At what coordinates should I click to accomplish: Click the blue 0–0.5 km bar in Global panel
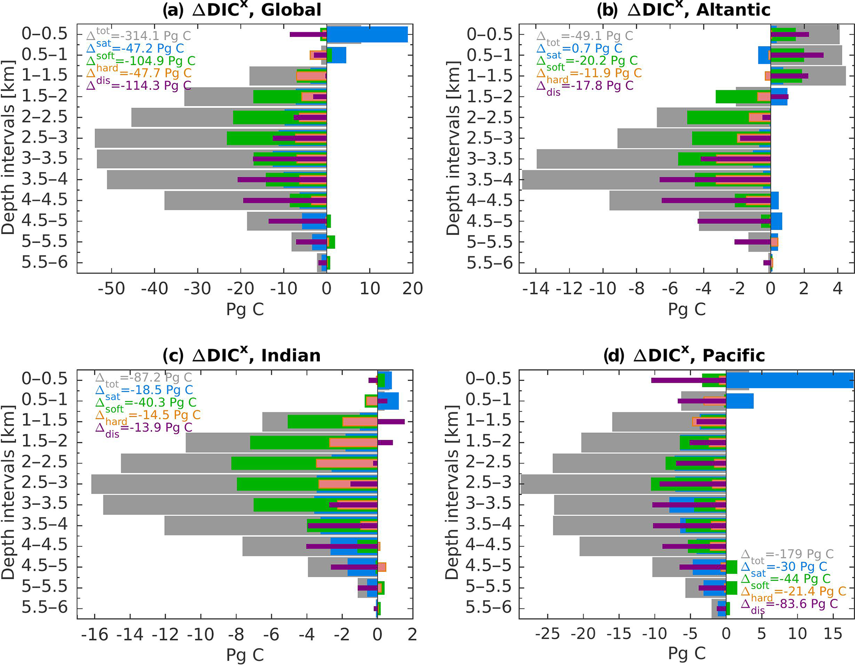pos(367,34)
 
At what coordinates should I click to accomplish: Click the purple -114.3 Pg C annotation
pos(139,85)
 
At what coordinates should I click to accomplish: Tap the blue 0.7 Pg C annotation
pos(579,48)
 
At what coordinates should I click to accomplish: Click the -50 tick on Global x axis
pos(111,288)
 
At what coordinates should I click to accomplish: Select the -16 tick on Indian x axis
pos(95,634)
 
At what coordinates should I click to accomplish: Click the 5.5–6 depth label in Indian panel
pos(44,608)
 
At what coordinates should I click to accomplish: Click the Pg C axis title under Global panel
pos(245,309)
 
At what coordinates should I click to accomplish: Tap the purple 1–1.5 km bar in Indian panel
pos(391,422)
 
